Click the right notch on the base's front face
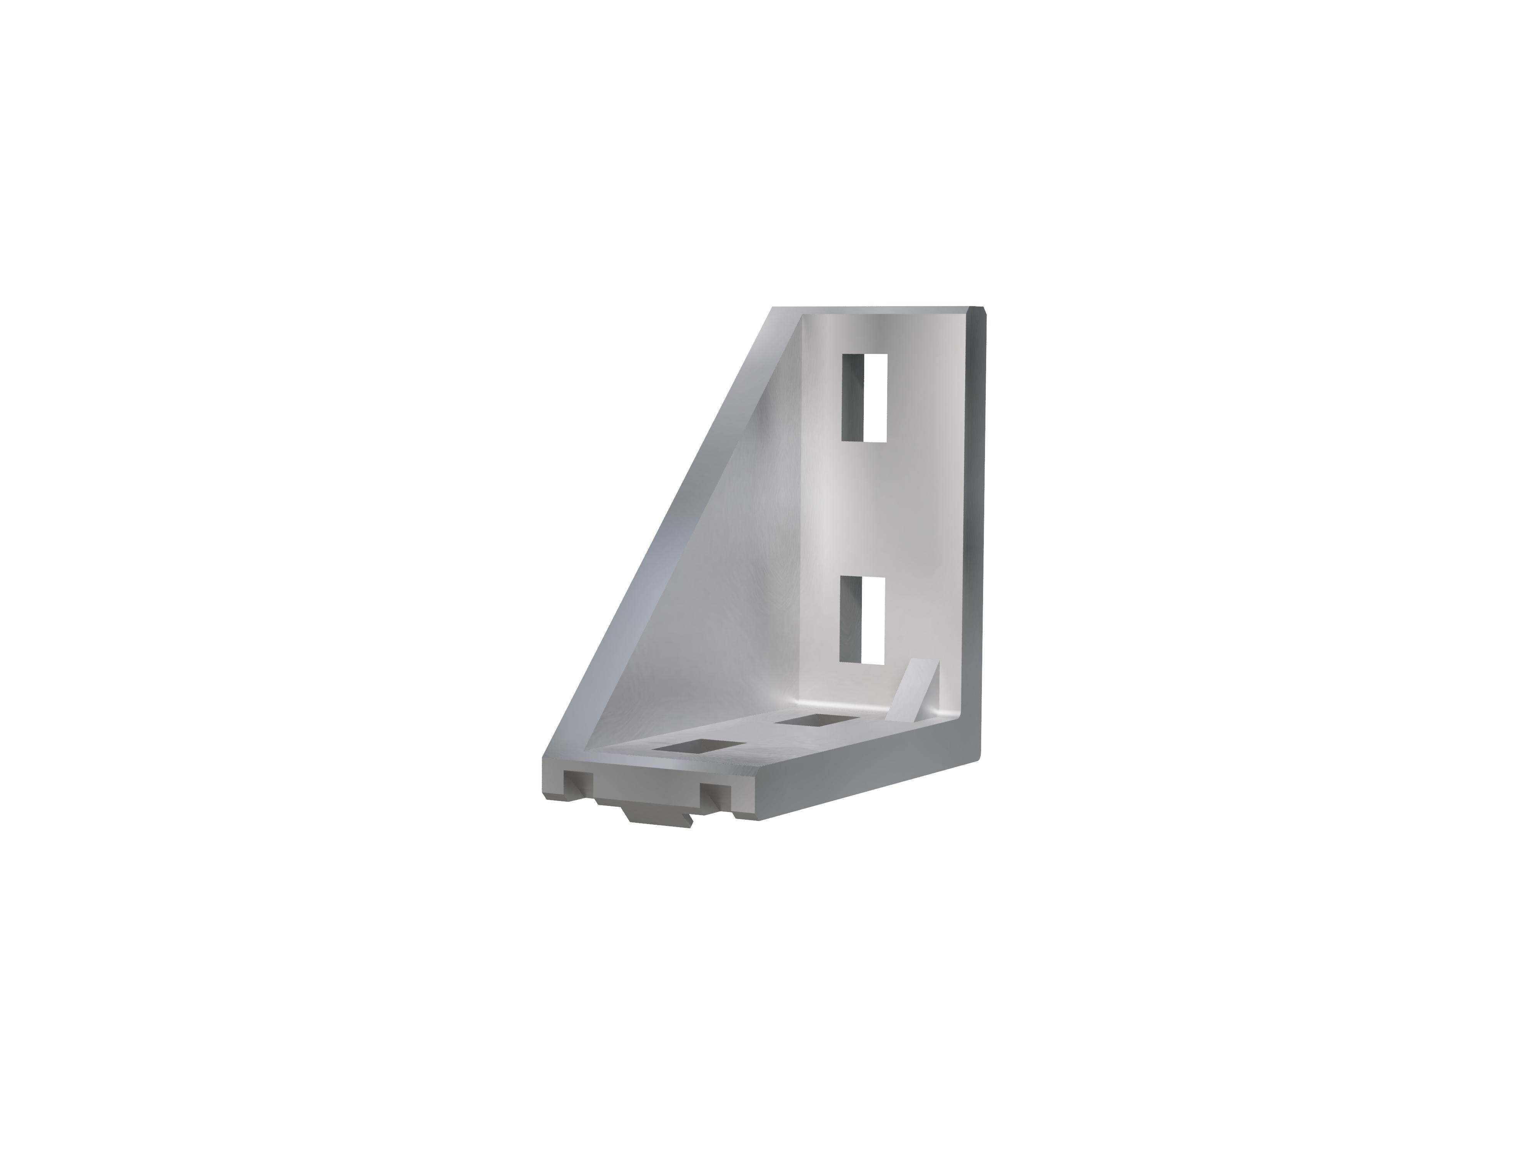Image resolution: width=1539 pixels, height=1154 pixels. click(717, 795)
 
